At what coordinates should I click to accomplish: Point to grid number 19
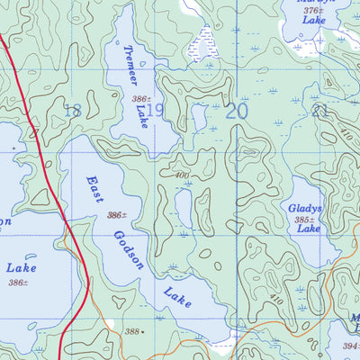(x=155, y=111)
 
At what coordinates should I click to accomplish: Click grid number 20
(x=236, y=111)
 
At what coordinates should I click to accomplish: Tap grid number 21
(x=319, y=111)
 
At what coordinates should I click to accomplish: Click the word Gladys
(x=306, y=207)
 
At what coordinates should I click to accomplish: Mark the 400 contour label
(x=183, y=175)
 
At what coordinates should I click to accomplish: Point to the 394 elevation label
(x=350, y=345)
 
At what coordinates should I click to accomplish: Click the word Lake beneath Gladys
(x=308, y=230)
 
